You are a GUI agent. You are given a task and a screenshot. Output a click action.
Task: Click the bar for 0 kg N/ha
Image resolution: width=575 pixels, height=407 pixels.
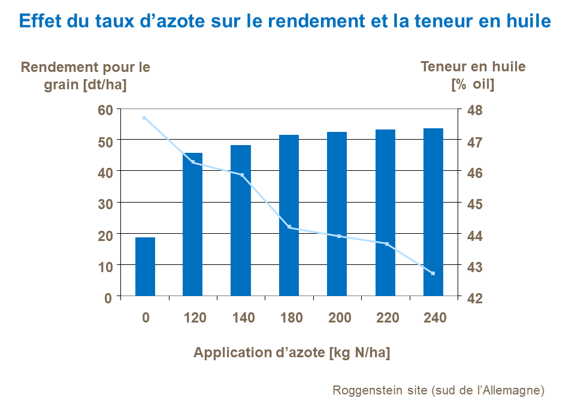click(x=145, y=267)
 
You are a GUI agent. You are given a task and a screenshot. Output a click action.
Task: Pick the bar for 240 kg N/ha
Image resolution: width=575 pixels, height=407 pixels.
click(x=433, y=212)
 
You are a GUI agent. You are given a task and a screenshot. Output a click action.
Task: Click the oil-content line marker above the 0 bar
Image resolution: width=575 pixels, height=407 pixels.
click(x=144, y=118)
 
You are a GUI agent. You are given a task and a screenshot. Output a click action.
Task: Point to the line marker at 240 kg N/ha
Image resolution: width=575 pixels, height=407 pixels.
click(x=433, y=273)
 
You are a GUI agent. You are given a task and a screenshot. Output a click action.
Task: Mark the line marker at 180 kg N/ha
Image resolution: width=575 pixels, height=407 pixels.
click(x=289, y=227)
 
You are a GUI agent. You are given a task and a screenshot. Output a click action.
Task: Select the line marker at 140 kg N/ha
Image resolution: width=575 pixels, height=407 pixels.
click(x=242, y=175)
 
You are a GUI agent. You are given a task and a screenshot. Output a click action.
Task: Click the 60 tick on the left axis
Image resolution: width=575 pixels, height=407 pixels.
click(x=106, y=110)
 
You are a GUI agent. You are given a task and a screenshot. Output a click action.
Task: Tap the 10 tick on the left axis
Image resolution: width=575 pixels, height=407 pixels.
click(x=106, y=266)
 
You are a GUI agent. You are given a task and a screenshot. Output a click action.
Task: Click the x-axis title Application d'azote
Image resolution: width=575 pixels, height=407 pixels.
click(x=292, y=353)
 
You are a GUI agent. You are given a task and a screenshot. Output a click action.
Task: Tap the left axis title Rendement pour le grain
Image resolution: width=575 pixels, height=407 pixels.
click(x=86, y=76)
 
